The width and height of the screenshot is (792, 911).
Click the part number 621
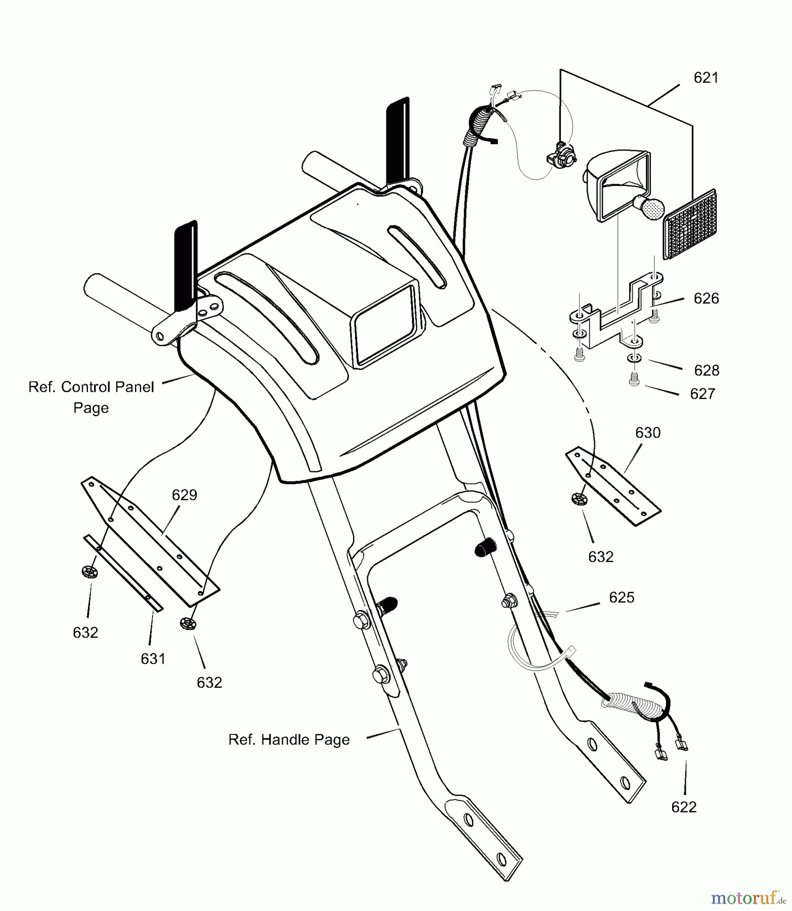click(x=706, y=78)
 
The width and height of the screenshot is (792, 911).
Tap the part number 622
click(x=684, y=807)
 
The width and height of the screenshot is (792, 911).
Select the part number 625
click(x=621, y=598)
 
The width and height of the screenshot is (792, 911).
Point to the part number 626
click(x=706, y=299)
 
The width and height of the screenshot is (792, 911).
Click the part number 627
click(x=702, y=394)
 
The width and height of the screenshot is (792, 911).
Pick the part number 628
click(x=707, y=371)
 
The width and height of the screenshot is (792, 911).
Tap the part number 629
click(x=184, y=495)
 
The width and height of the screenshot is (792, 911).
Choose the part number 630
click(x=648, y=433)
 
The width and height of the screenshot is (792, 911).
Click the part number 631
click(x=153, y=658)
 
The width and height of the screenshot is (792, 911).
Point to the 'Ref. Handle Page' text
click(x=289, y=740)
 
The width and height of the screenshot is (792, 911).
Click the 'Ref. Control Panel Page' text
click(x=91, y=397)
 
